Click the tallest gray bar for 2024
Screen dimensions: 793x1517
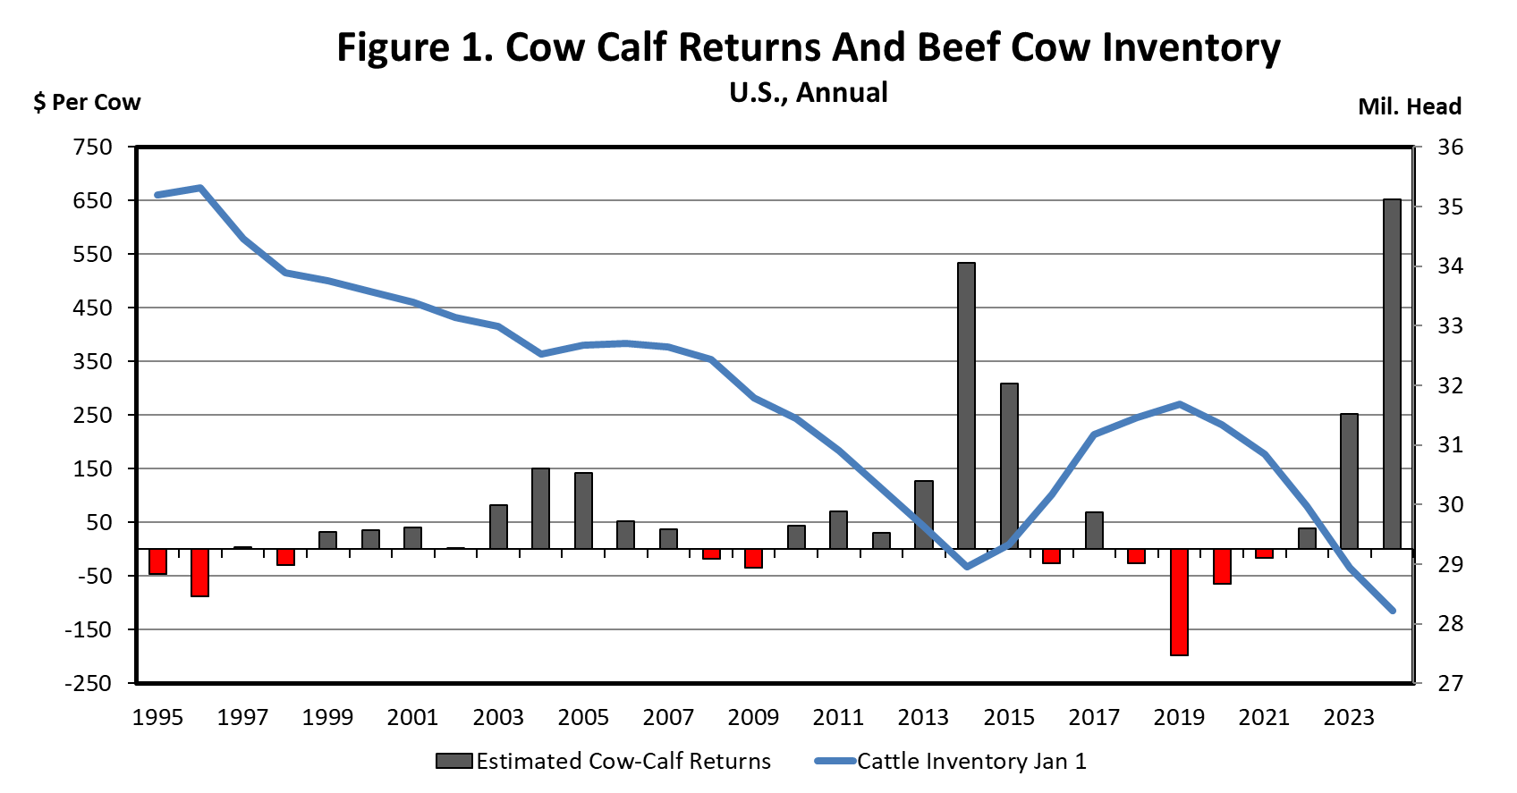pyautogui.click(x=1392, y=374)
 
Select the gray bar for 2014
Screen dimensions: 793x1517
pyautogui.click(x=966, y=405)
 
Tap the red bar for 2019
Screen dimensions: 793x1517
pyautogui.click(x=1179, y=602)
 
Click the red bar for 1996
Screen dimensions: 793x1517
pyautogui.click(x=199, y=572)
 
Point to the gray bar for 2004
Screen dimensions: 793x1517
pyautogui.click(x=540, y=508)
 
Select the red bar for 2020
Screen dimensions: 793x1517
pyautogui.click(x=1222, y=566)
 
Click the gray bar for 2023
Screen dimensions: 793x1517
pyautogui.click(x=1349, y=481)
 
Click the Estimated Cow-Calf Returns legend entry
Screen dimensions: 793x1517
pyautogui.click(x=604, y=761)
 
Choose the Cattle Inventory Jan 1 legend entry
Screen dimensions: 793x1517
pyautogui.click(x=951, y=761)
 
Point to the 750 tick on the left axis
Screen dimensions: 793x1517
pyautogui.click(x=93, y=147)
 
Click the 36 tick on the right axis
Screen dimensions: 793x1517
pyautogui.click(x=1450, y=147)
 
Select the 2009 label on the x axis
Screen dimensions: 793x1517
pyautogui.click(x=753, y=717)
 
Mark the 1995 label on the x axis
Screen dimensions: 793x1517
pyautogui.click(x=157, y=717)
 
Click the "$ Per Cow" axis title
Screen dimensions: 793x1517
pyautogui.click(x=87, y=102)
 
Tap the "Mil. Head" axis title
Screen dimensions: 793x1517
pyautogui.click(x=1409, y=106)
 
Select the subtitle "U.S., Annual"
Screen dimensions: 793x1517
pyautogui.click(x=809, y=92)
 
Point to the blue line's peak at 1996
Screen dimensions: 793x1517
pyautogui.click(x=200, y=188)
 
